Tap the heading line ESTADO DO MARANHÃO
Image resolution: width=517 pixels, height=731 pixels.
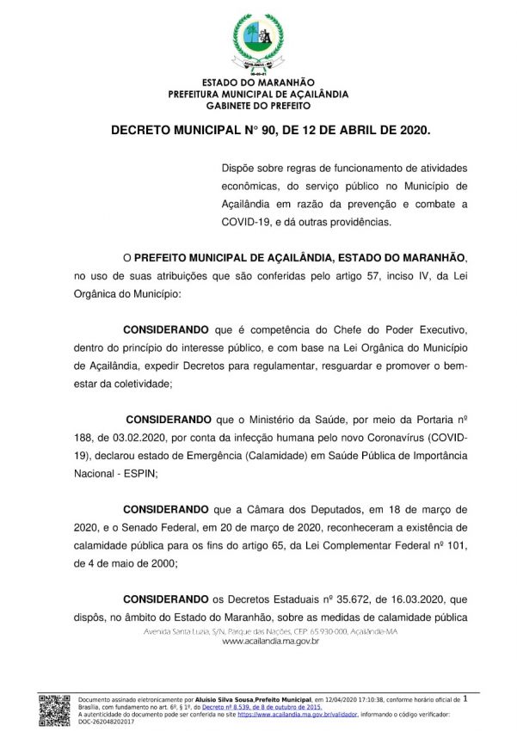[258, 82]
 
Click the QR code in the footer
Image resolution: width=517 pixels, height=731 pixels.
[54, 708]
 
